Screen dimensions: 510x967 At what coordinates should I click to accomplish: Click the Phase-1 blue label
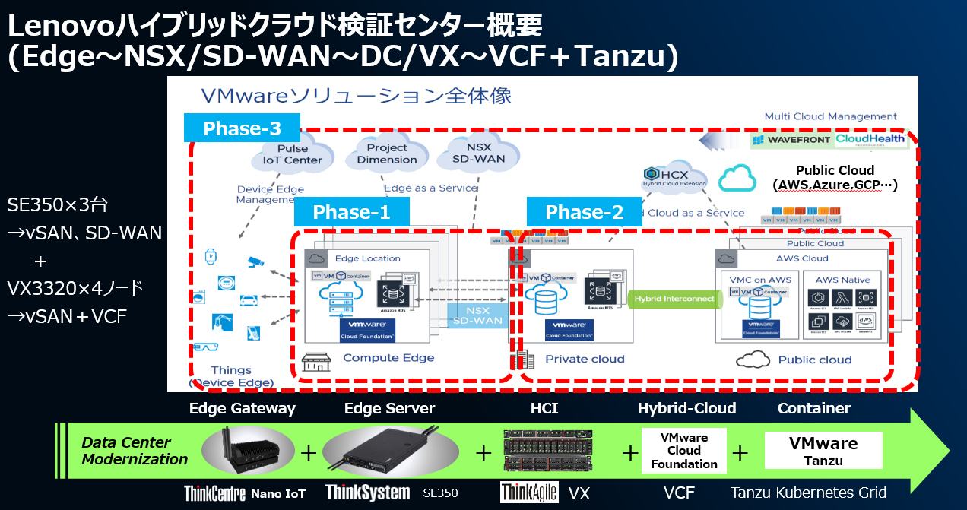coord(351,212)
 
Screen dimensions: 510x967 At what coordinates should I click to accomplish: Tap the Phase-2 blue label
coord(584,212)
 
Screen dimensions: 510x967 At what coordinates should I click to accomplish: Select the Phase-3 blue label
coord(243,128)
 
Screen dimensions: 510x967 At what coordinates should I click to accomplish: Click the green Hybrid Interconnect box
coord(674,299)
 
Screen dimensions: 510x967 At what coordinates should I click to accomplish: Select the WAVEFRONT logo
coord(793,140)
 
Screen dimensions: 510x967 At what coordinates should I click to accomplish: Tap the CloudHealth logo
coord(870,139)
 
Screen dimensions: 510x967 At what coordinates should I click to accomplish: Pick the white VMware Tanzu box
coord(823,450)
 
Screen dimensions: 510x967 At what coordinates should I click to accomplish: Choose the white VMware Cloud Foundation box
coord(683,451)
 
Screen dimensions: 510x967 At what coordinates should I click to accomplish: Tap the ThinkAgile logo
coord(529,493)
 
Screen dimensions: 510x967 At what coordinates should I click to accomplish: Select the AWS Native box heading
coord(842,280)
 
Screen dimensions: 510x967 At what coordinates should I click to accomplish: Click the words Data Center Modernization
coord(135,451)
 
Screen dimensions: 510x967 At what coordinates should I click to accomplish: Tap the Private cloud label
coord(585,359)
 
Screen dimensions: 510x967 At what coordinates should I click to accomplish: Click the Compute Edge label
coord(388,357)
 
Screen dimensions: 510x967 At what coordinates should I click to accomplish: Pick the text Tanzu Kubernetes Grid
coord(808,493)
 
